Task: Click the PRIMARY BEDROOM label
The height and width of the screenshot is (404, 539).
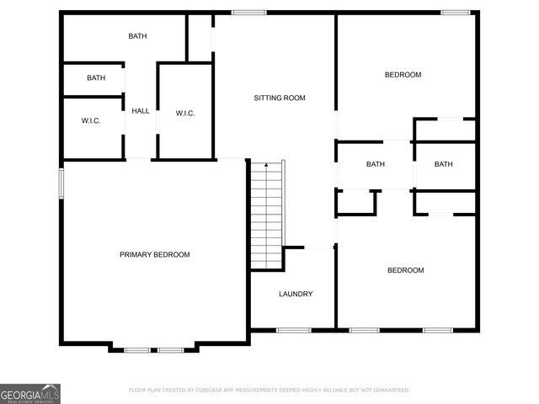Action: tap(154, 255)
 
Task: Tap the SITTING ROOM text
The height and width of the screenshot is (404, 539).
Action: tap(280, 98)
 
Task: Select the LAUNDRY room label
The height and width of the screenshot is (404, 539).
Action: tap(296, 294)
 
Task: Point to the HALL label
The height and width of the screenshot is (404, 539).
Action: tap(141, 110)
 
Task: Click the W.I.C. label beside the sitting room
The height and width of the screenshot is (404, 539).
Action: tap(185, 114)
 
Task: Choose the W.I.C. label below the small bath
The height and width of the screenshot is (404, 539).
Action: tap(91, 121)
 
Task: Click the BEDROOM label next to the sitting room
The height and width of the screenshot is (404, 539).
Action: tap(403, 75)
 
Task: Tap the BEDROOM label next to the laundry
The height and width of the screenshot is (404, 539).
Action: tap(405, 270)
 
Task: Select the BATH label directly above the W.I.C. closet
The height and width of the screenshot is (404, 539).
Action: tap(96, 78)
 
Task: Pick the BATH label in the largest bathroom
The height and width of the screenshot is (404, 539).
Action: tap(137, 36)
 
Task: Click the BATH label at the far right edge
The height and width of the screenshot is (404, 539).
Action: tap(443, 164)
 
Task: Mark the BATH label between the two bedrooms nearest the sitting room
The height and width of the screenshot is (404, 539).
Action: tap(375, 164)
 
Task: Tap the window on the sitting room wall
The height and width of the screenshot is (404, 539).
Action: tap(249, 13)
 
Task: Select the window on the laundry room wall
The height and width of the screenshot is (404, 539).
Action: tap(294, 330)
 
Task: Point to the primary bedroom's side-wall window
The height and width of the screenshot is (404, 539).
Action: tap(61, 184)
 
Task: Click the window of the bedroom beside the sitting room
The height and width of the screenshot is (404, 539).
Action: tap(456, 13)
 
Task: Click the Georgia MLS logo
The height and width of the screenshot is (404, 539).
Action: tap(30, 394)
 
